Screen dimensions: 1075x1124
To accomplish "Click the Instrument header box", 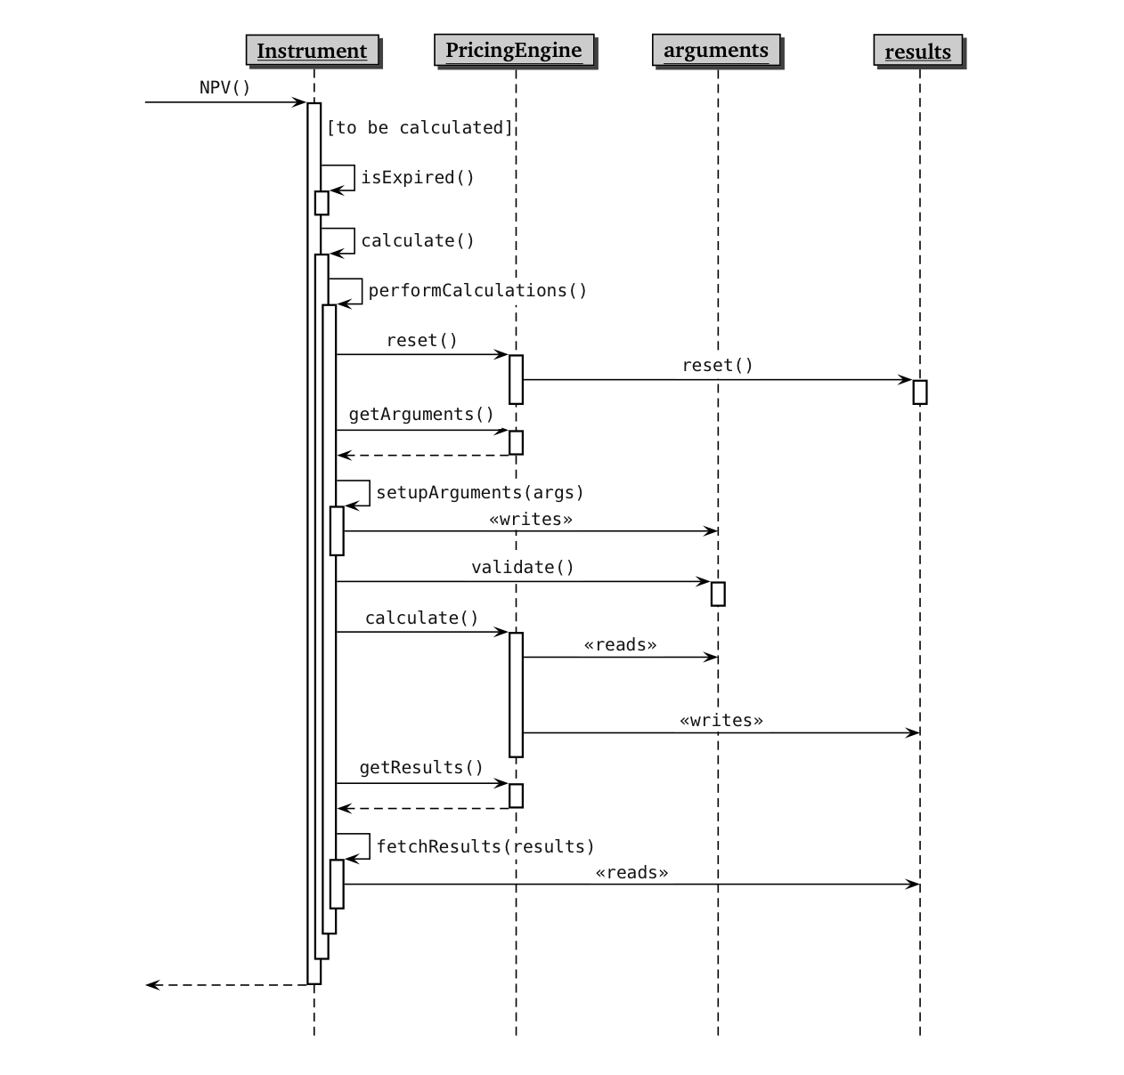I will click(x=312, y=51).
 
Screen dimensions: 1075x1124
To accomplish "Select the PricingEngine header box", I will click(x=513, y=50).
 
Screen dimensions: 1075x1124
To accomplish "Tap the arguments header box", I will click(x=715, y=50).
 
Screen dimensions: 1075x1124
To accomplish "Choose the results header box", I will click(x=917, y=52).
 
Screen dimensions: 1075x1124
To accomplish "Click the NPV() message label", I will click(x=224, y=87).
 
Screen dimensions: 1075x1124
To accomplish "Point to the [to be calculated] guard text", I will click(x=419, y=128).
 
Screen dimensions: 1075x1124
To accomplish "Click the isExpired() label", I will click(x=417, y=177).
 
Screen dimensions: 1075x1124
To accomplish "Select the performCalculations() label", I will click(x=477, y=291).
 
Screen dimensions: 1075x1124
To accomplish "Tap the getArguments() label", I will click(x=420, y=415).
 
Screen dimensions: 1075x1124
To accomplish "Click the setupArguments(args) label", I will click(x=479, y=493).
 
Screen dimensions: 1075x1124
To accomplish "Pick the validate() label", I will click(x=522, y=568).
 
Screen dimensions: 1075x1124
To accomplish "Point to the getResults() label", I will click(x=420, y=768).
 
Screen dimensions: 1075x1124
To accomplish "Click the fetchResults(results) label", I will click(x=485, y=846).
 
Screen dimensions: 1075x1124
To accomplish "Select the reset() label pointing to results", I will click(x=717, y=366).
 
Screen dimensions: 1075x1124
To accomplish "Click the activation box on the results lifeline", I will click(x=920, y=392).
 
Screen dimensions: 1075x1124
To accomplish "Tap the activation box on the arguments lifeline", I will click(x=718, y=594).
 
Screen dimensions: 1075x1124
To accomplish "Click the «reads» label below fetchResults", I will click(x=631, y=873).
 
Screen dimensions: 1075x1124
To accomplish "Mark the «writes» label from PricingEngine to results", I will click(x=721, y=721).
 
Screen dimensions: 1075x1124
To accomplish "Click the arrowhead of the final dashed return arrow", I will click(x=152, y=985).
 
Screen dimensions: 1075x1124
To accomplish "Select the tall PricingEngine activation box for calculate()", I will click(x=516, y=694).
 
